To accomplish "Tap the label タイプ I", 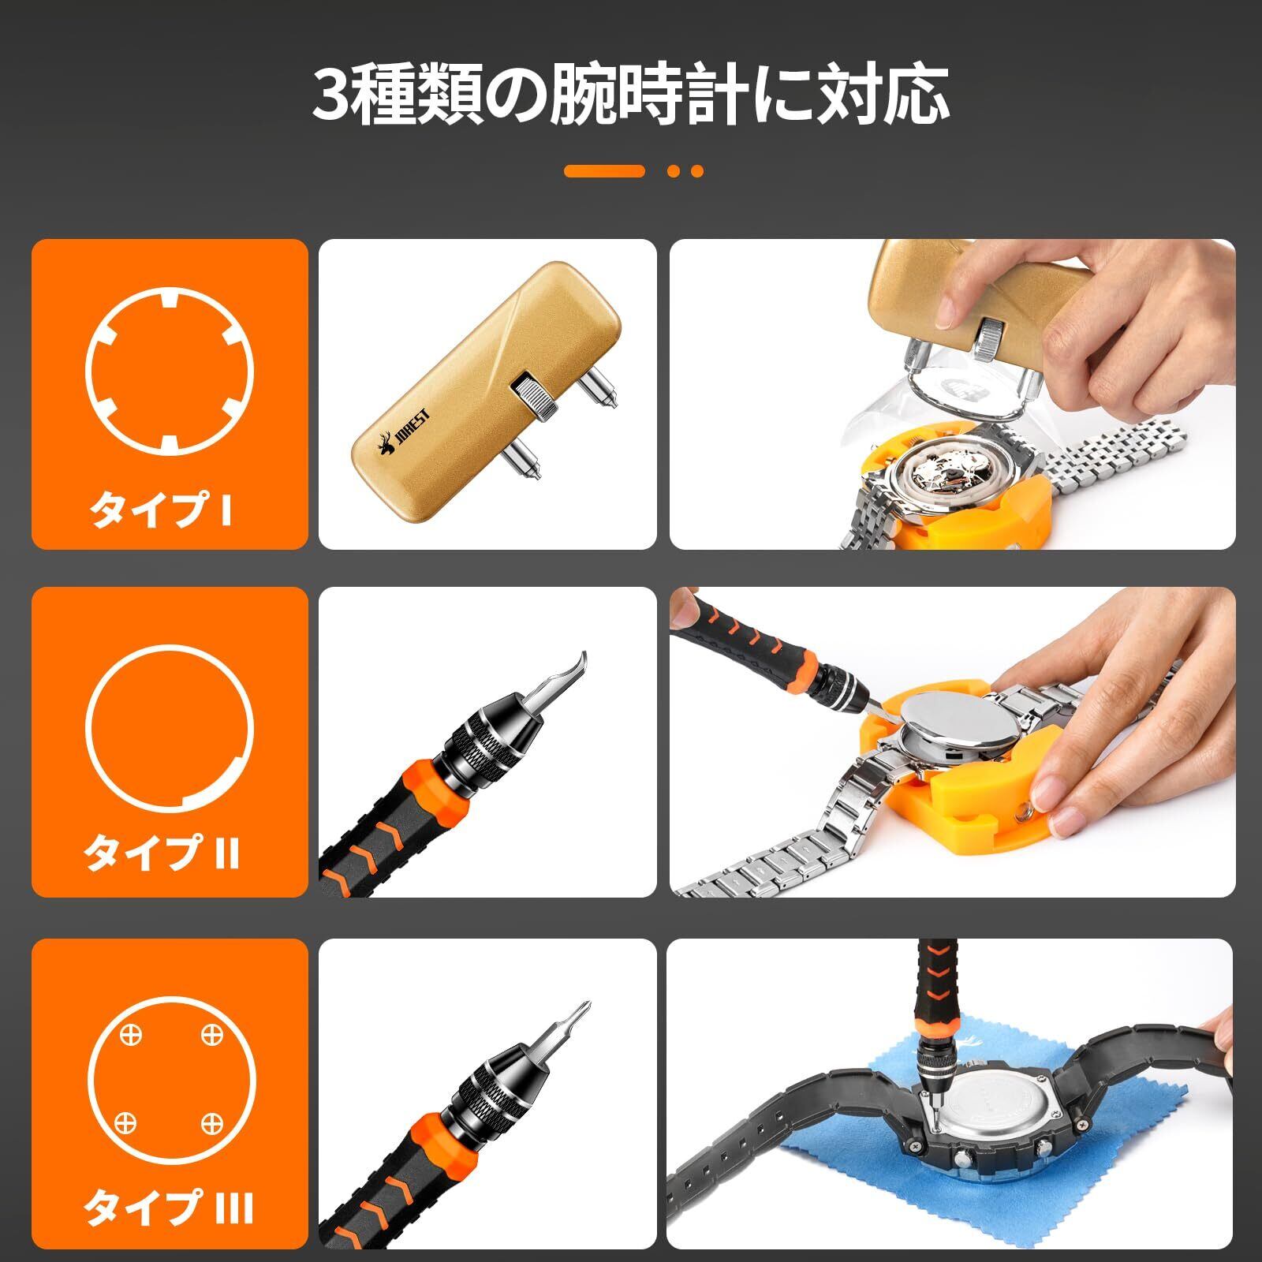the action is [x=161, y=510].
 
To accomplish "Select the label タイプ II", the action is [x=162, y=853].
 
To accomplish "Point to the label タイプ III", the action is [x=169, y=1207].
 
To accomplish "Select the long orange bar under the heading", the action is [x=604, y=171].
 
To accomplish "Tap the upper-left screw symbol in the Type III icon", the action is [x=131, y=1034].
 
